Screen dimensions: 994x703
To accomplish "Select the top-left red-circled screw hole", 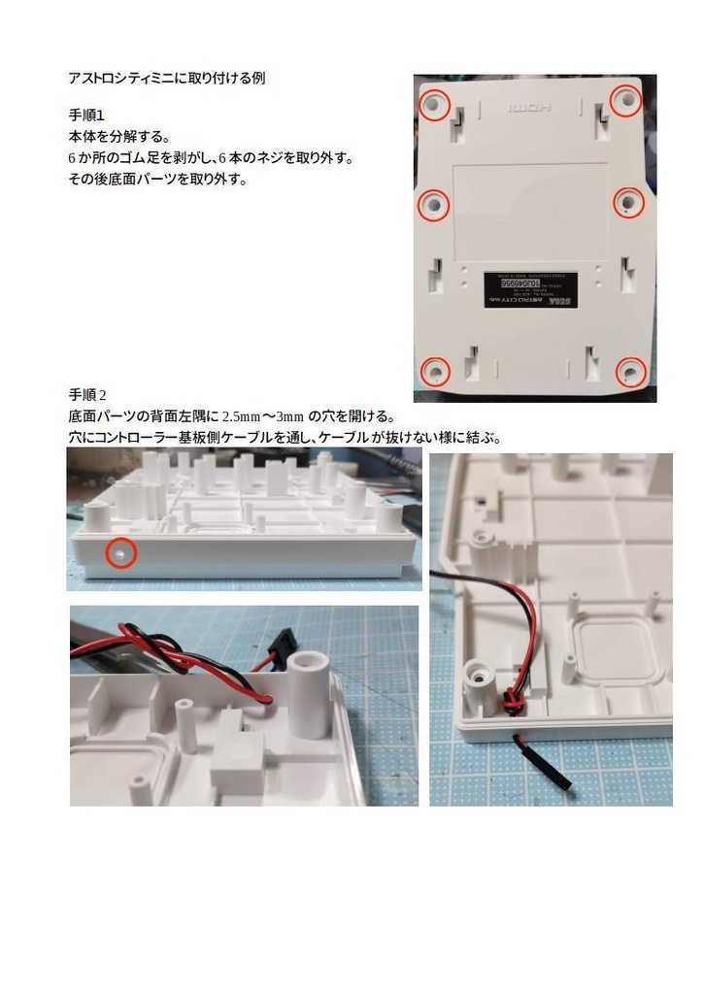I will click(434, 103).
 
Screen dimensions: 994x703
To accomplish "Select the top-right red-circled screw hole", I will click(627, 99).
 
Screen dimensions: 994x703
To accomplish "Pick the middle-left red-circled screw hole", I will click(433, 204).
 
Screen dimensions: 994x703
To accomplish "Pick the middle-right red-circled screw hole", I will click(629, 201).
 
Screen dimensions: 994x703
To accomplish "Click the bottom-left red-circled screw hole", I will click(435, 371).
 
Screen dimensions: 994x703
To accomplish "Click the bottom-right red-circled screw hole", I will click(631, 371).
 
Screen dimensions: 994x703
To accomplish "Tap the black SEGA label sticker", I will click(531, 289).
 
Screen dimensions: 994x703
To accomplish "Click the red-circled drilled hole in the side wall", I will click(119, 552).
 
